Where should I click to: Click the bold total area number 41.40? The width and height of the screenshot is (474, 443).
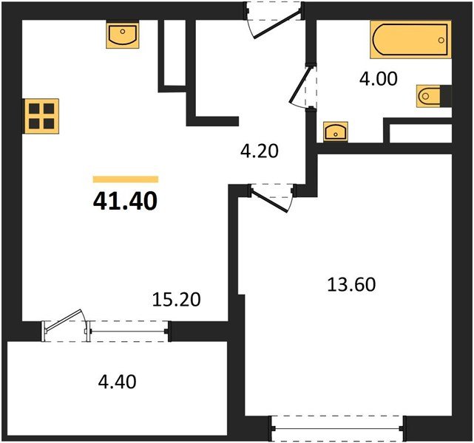pyautogui.click(x=125, y=202)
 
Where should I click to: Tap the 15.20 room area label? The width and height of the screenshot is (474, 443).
pyautogui.click(x=177, y=300)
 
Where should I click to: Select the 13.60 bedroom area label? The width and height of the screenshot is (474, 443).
pyautogui.click(x=351, y=284)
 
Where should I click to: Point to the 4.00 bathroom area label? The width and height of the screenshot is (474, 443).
pyautogui.click(x=378, y=79)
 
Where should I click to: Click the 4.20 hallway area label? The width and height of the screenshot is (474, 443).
pyautogui.click(x=259, y=151)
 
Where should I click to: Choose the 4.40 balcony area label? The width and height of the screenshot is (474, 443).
pyautogui.click(x=117, y=382)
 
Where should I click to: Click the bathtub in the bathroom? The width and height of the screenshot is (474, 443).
pyautogui.click(x=411, y=39)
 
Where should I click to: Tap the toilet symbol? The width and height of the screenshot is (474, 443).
pyautogui.click(x=428, y=96)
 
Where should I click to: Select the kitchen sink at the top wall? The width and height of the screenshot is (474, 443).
pyautogui.click(x=123, y=35)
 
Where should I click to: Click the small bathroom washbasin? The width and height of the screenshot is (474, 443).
pyautogui.click(x=336, y=132)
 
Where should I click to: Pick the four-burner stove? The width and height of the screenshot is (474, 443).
pyautogui.click(x=41, y=116)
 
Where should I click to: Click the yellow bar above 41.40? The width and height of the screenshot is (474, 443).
pyautogui.click(x=126, y=179)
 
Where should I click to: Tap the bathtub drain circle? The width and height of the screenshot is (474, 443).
pyautogui.click(x=441, y=40)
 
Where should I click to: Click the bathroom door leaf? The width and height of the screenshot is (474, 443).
pyautogui.click(x=299, y=85)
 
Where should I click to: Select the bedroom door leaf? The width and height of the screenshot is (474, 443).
pyautogui.click(x=269, y=200)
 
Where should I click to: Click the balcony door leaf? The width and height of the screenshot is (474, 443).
pyautogui.click(x=63, y=320)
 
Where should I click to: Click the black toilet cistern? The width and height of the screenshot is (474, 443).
pyautogui.click(x=446, y=96)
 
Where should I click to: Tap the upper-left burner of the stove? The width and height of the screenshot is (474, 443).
pyautogui.click(x=34, y=109)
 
